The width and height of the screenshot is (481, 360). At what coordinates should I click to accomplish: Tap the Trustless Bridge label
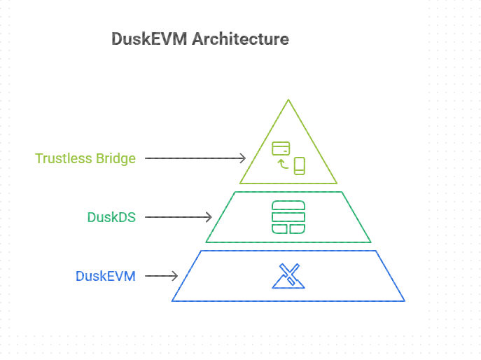click(85, 158)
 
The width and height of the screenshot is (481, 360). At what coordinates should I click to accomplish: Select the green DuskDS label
click(111, 217)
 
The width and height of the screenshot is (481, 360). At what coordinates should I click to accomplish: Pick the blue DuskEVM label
click(105, 276)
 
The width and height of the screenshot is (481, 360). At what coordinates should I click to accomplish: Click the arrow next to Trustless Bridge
click(195, 158)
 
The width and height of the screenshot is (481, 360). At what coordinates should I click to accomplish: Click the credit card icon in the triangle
click(281, 148)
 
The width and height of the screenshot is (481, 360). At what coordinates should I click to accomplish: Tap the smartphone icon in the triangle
click(300, 166)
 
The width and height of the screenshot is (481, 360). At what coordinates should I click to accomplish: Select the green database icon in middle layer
click(288, 217)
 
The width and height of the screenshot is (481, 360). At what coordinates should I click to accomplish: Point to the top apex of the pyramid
click(288, 100)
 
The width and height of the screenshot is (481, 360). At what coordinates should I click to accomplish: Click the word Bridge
click(116, 158)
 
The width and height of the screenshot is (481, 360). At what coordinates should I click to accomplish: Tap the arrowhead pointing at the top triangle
click(242, 158)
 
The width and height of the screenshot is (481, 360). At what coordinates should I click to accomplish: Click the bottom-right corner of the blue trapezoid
click(403, 300)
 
